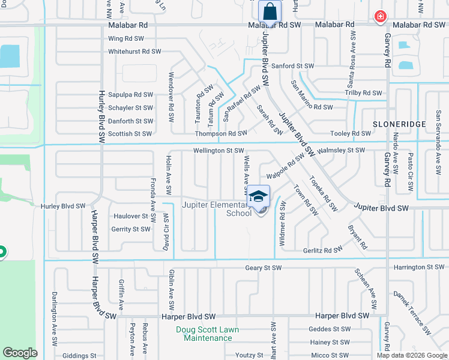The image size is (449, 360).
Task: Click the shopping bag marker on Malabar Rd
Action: coord(270,11)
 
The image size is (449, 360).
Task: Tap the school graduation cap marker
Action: coord(258,196)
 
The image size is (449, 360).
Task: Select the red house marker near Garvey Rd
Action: coord(380,17)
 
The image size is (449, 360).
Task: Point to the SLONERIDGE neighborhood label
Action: coord(399,124)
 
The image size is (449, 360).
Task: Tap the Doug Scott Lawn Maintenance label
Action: coord(207,334)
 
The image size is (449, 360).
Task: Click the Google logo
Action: coord(20,353)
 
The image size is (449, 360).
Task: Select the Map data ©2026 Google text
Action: coord(411,355)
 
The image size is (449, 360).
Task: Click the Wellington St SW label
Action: coord(218,151)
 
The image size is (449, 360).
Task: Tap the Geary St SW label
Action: coord(263,268)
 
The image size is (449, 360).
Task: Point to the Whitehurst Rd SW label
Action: coord(135,52)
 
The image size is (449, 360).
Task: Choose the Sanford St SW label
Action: coord(292,66)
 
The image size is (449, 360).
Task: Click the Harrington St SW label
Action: coord(419,267)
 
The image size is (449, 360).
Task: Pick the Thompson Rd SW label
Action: coord(220,133)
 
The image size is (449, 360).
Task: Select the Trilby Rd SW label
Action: coord(363,93)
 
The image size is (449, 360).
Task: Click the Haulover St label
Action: coord(130,216)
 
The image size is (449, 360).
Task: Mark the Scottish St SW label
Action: coord(130,134)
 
